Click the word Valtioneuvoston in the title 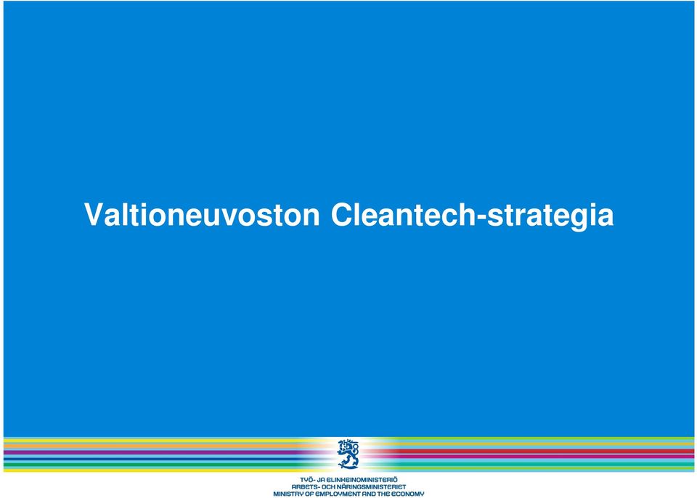click(202, 215)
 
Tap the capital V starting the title click(94, 215)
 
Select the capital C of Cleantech click(342, 215)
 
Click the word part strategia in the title click(550, 217)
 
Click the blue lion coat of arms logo click(348, 454)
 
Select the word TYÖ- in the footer click(306, 480)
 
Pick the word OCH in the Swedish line click(325, 487)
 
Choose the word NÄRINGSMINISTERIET click(370, 487)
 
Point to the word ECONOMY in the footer click(409, 494)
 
